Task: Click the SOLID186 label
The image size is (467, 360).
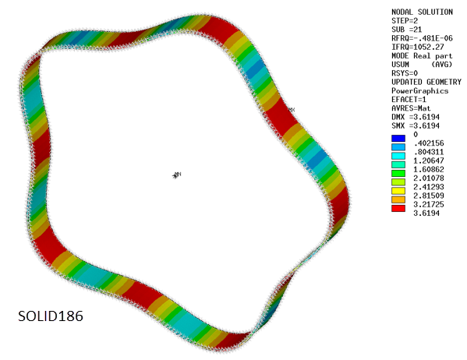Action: point(50,318)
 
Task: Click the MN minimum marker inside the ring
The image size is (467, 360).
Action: point(177,175)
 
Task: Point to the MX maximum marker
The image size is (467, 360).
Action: point(292,110)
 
